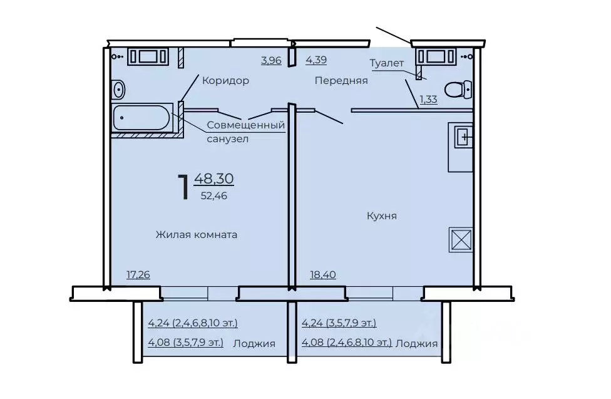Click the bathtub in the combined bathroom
[x=142, y=117]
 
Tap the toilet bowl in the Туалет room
[x=458, y=90]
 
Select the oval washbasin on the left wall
[x=118, y=90]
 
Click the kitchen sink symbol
[x=464, y=137]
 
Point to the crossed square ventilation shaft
[x=461, y=239]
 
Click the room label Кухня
[x=381, y=215]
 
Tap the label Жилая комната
[x=197, y=234]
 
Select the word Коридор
[x=225, y=81]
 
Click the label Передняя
[x=341, y=81]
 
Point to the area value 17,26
[x=138, y=274]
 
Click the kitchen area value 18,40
[x=322, y=274]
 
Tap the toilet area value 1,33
[x=428, y=99]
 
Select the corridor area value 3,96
[x=271, y=60]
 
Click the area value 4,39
[x=316, y=60]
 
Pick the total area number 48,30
[x=214, y=179]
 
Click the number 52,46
[x=214, y=196]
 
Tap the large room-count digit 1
[x=184, y=187]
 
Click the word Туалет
[x=386, y=63]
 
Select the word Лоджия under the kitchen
[x=416, y=344]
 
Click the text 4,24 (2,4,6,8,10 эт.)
[x=192, y=323]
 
